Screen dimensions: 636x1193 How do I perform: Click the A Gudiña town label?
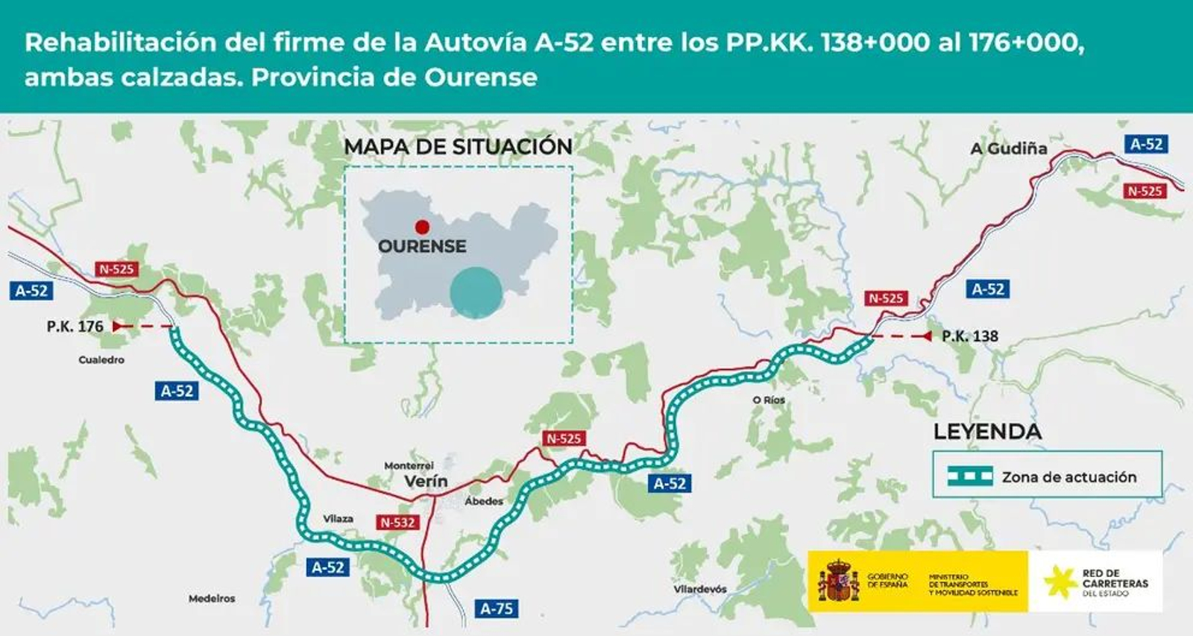(x=1008, y=148)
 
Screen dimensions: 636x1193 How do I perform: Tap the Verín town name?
(x=426, y=482)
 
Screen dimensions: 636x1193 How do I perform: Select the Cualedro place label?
(x=101, y=360)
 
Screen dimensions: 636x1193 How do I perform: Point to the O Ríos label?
(x=769, y=400)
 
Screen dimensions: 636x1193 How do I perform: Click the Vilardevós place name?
(x=700, y=589)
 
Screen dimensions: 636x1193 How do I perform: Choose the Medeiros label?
(x=212, y=599)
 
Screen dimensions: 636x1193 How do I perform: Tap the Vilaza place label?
(x=338, y=519)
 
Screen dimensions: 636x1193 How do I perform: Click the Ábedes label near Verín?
(x=484, y=502)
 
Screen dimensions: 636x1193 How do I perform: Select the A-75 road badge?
(x=497, y=609)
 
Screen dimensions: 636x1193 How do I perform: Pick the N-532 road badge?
(x=397, y=523)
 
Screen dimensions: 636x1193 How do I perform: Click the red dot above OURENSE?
(x=422, y=227)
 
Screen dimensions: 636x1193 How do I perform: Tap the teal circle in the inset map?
(x=476, y=293)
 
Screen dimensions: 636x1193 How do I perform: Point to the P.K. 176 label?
(x=75, y=327)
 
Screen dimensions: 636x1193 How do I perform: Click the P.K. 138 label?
(x=969, y=336)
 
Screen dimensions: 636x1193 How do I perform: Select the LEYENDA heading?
(x=987, y=432)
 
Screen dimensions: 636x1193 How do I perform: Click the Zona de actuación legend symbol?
(x=969, y=476)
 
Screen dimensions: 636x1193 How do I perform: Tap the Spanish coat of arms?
(x=838, y=582)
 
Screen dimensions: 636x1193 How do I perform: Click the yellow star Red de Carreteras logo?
(x=1060, y=582)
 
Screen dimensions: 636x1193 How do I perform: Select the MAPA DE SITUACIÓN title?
(x=458, y=147)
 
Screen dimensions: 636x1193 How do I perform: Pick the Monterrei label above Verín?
(x=409, y=465)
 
